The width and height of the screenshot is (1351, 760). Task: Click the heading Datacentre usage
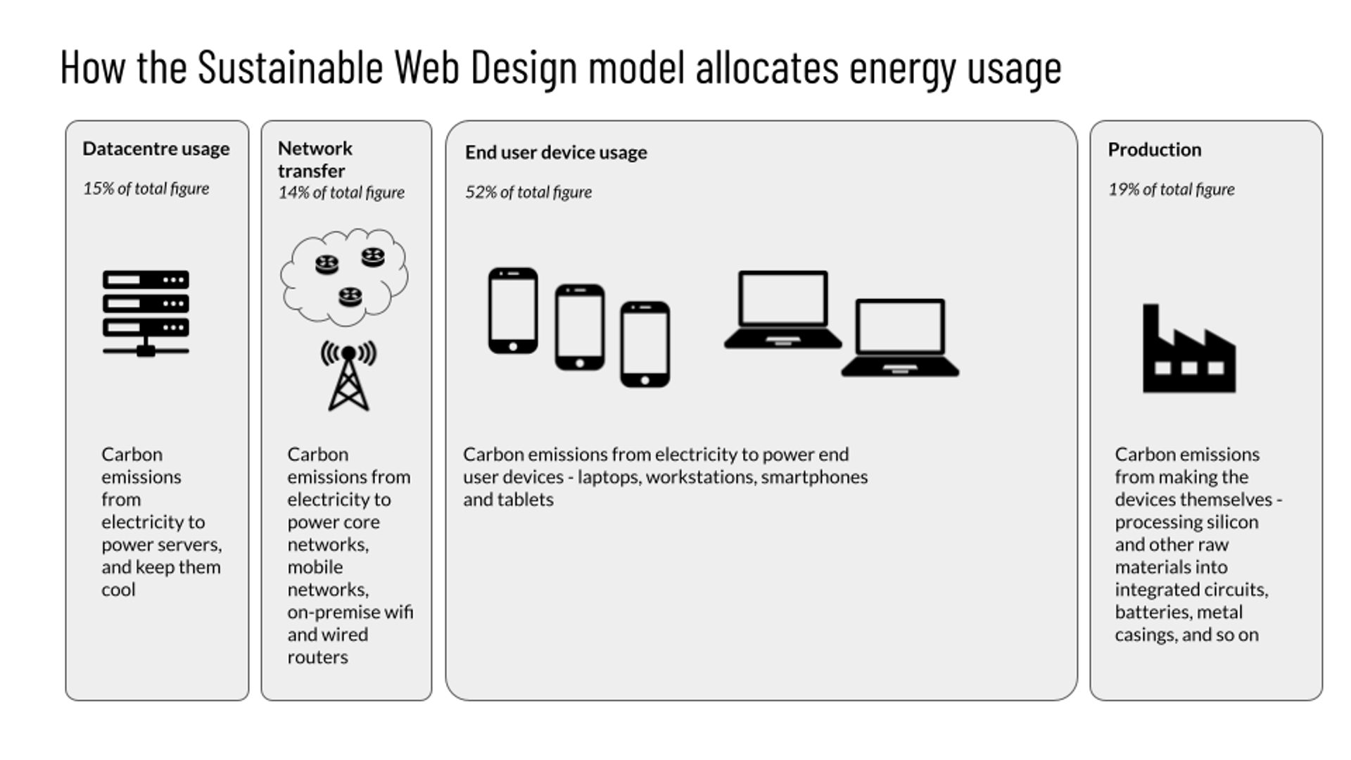(x=156, y=148)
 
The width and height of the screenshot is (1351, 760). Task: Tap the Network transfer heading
(x=315, y=159)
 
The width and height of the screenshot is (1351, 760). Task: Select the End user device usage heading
(x=556, y=152)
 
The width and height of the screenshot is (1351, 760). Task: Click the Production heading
(x=1155, y=149)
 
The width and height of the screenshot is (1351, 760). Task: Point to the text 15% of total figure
(x=146, y=189)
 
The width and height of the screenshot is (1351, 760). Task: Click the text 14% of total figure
(x=341, y=193)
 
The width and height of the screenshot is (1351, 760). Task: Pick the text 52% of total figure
(x=528, y=192)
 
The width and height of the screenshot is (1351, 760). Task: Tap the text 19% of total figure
(x=1172, y=189)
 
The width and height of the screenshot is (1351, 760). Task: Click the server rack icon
(x=146, y=313)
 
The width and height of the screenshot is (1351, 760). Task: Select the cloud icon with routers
(x=344, y=277)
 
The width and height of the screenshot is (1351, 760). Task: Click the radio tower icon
(x=348, y=376)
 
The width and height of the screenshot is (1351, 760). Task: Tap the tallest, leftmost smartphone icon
(x=513, y=310)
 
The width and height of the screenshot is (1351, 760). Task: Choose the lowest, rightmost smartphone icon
(x=645, y=344)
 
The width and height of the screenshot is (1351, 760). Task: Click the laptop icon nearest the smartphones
(x=782, y=310)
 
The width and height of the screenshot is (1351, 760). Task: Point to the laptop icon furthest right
(x=900, y=338)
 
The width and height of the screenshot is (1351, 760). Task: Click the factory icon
(x=1189, y=348)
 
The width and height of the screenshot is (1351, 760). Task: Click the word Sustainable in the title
(x=291, y=68)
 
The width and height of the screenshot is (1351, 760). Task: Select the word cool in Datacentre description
(x=118, y=590)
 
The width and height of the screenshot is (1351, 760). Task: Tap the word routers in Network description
(x=317, y=657)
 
